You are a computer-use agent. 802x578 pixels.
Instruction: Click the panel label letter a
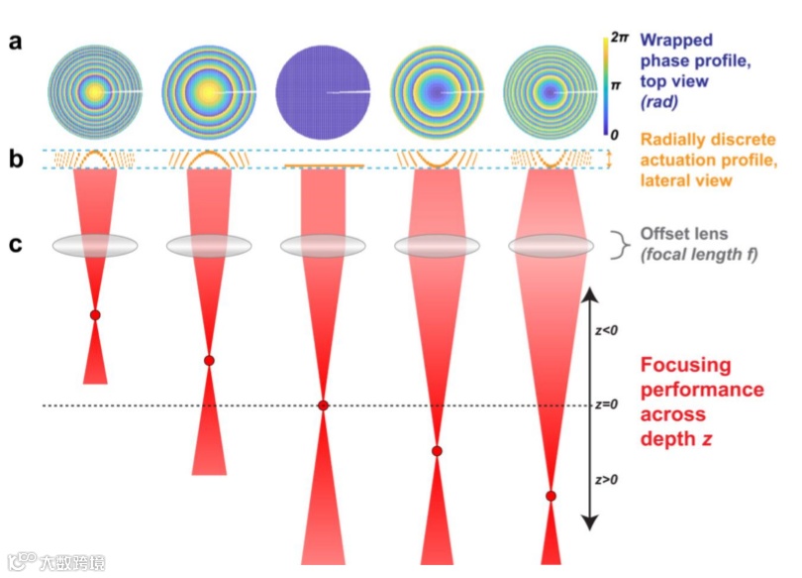click(x=16, y=43)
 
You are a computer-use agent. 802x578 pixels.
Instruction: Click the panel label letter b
click(x=16, y=158)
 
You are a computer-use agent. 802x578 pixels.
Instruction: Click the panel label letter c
click(x=16, y=245)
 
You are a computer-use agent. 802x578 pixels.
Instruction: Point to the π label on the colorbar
click(x=616, y=86)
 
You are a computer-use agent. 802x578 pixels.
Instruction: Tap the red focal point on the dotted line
click(x=323, y=405)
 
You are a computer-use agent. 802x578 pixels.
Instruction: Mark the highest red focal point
click(x=95, y=315)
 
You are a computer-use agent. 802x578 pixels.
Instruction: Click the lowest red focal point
click(x=551, y=496)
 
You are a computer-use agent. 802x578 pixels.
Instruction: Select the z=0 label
click(x=608, y=405)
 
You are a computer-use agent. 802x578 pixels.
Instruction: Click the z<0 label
click(x=606, y=330)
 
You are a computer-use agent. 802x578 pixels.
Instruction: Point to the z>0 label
click(x=606, y=479)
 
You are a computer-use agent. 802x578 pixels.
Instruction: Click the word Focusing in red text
click(x=685, y=365)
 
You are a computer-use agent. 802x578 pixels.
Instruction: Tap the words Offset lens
click(x=682, y=234)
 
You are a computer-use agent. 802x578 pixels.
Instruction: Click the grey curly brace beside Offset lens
click(x=620, y=244)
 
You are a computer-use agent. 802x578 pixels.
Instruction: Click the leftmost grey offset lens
click(x=95, y=246)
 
